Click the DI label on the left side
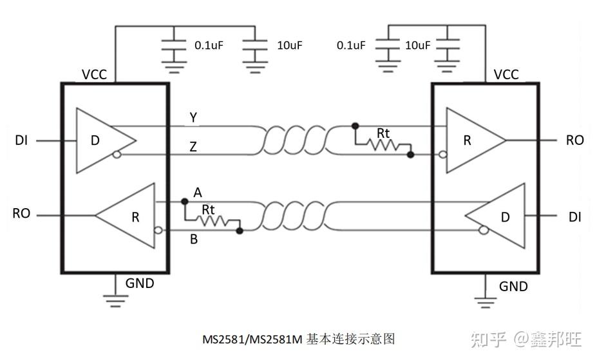(21, 140)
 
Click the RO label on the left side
(21, 213)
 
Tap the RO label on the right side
(574, 140)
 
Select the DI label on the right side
(574, 217)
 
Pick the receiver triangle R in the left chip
(129, 216)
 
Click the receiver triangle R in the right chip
(473, 140)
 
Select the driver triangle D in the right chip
(499, 217)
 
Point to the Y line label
(193, 117)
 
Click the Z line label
(193, 148)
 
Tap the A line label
(198, 193)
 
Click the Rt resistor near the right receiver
(383, 145)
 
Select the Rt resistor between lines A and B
(211, 221)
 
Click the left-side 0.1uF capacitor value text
(209, 45)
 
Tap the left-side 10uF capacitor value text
(289, 45)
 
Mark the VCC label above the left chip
(95, 75)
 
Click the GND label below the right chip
(513, 286)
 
